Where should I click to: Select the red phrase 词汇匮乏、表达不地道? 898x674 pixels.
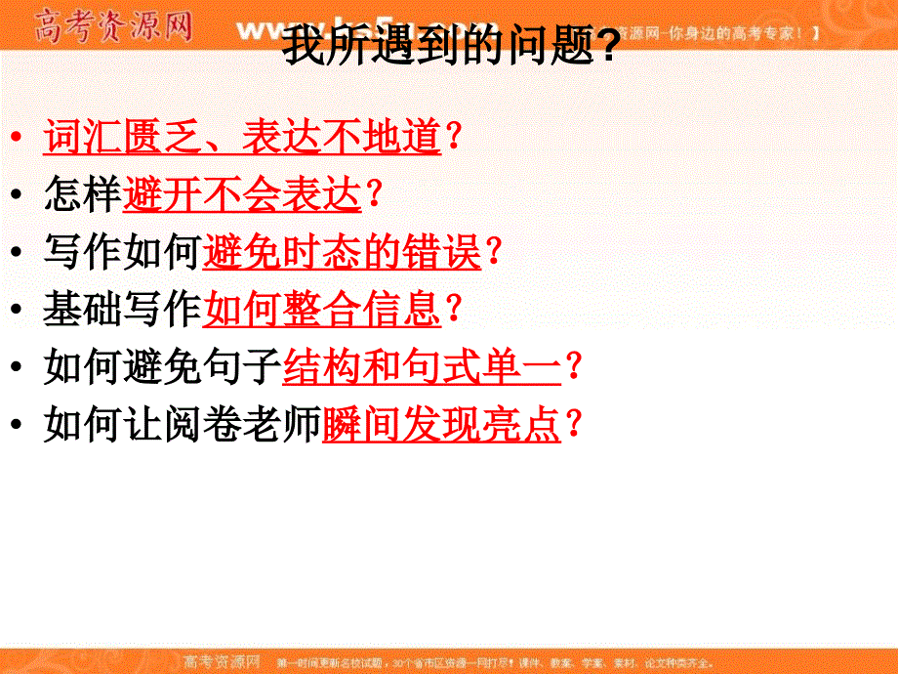coord(242,138)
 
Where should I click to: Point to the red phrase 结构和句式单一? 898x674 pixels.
coord(422,367)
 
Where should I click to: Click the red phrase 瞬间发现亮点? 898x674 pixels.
coord(441,425)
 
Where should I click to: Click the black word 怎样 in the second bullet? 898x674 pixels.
coord(83,195)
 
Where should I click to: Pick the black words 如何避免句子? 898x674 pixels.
coord(162,367)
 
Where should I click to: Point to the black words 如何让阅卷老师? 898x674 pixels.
coord(182,425)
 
